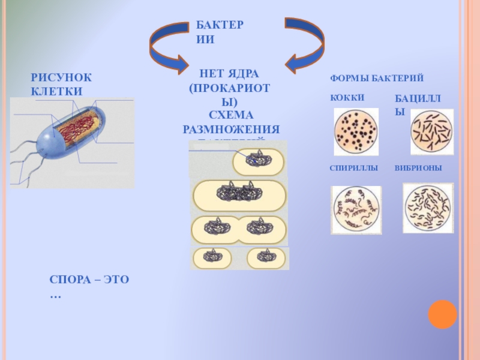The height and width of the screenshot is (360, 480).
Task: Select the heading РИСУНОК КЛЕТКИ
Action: click(x=62, y=85)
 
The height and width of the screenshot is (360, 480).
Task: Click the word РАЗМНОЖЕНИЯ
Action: click(x=231, y=130)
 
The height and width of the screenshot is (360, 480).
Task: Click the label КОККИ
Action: click(x=347, y=97)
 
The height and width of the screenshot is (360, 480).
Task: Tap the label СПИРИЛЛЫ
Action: click(x=354, y=169)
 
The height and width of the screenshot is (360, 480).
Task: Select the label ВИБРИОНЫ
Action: click(x=418, y=169)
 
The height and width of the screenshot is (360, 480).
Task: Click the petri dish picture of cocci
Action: click(x=356, y=131)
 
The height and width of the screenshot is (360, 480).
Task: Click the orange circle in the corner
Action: click(x=443, y=314)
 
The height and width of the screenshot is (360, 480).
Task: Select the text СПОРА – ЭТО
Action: click(x=89, y=280)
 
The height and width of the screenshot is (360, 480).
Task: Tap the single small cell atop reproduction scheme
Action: click(x=258, y=161)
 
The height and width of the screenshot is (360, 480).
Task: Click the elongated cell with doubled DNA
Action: click(x=239, y=194)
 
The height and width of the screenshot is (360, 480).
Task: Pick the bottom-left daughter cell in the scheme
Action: click(x=212, y=257)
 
